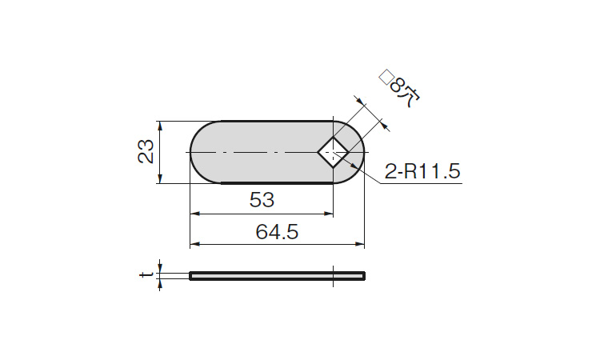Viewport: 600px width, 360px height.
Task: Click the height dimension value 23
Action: point(146,152)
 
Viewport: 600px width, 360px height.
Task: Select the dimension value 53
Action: point(262,200)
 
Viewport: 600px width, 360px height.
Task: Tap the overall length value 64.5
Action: point(277,232)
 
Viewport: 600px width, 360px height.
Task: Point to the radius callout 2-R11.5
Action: point(423,171)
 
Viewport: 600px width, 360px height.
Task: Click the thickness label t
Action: point(145,275)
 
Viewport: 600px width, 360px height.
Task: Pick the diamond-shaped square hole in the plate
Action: point(333,152)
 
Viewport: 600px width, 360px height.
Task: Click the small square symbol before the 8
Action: point(386,77)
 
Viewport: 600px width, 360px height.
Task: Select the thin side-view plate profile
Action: point(278,276)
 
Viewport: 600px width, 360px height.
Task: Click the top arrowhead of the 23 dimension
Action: point(161,126)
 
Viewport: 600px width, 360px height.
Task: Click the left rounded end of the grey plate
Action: point(200,152)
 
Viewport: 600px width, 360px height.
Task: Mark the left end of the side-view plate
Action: point(192,276)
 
